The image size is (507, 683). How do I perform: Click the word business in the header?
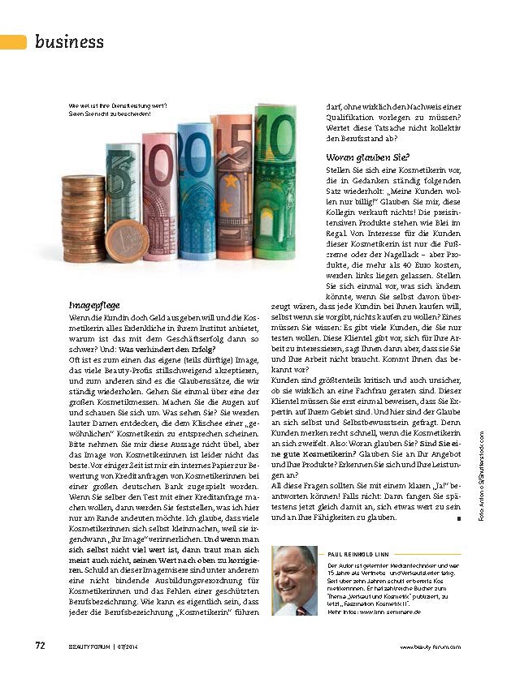click(69, 41)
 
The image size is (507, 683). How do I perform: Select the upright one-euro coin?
click(128, 241)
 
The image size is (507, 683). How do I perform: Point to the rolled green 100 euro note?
click(275, 183)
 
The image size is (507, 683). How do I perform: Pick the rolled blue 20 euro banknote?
click(195, 191)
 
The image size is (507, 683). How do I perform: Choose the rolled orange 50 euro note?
click(234, 187)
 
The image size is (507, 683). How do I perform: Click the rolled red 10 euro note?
click(160, 199)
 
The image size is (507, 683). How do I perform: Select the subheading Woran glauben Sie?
click(368, 157)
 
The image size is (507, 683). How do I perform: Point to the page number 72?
click(39, 646)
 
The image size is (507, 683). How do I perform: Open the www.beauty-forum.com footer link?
click(431, 646)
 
